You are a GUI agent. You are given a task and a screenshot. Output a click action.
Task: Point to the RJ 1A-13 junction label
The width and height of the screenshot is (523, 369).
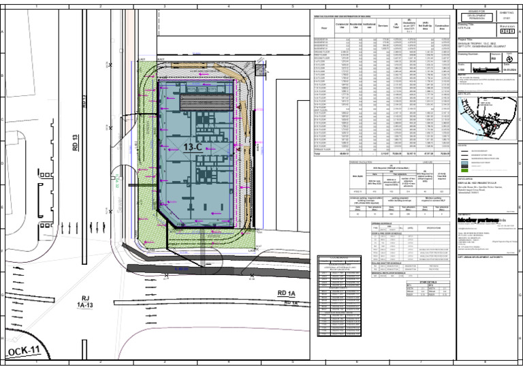86,302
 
